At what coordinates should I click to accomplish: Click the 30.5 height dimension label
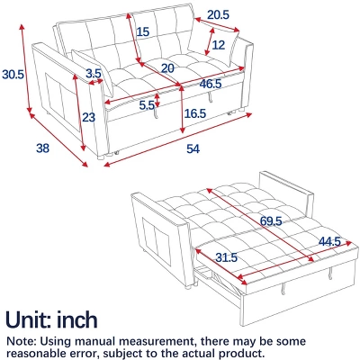(x=13, y=74)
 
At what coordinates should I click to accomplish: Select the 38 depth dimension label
(x=42, y=148)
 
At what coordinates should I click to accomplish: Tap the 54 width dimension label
(x=193, y=148)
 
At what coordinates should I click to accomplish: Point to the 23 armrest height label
(x=88, y=117)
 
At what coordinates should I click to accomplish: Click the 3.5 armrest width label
(x=94, y=73)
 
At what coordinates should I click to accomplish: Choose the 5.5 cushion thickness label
(x=147, y=105)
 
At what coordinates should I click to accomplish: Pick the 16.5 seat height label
(x=195, y=113)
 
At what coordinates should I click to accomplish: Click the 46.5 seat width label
(x=211, y=84)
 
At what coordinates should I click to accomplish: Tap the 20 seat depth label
(x=167, y=68)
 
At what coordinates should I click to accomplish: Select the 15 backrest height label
(x=143, y=31)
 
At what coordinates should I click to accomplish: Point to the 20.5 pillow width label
(x=219, y=14)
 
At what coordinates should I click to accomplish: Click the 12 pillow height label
(x=219, y=45)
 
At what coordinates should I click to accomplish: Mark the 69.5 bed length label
(x=271, y=221)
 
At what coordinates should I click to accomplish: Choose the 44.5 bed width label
(x=329, y=241)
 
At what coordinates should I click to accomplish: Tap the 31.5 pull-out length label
(x=227, y=257)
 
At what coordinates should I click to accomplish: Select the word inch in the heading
(x=77, y=319)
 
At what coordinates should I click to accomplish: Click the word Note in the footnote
(x=22, y=341)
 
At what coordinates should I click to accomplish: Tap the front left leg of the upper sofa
(x=101, y=157)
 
